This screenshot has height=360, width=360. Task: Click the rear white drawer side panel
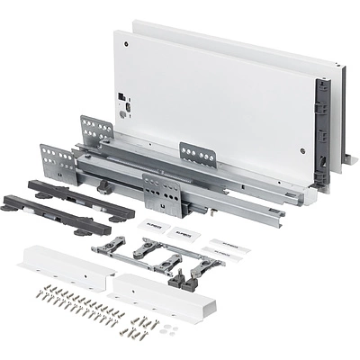(x=270, y=54)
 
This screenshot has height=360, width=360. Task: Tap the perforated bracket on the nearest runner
(x=163, y=192)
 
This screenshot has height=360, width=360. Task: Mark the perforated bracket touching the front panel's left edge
(x=97, y=131)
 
